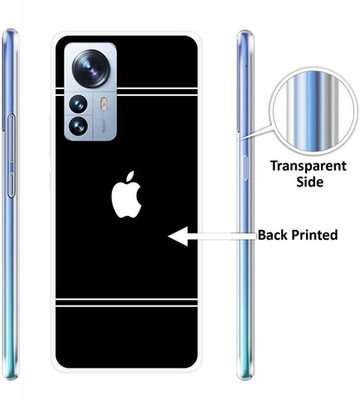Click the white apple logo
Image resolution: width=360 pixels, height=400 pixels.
[x=126, y=196]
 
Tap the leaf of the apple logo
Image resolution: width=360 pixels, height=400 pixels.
[x=130, y=176]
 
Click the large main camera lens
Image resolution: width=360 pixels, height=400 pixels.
[x=91, y=68]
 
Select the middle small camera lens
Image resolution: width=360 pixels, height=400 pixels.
[x=78, y=104]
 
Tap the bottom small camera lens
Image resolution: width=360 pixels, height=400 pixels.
[x=78, y=126]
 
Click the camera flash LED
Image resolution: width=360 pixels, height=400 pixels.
[x=103, y=104]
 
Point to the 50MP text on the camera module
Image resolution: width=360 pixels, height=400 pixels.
[x=104, y=126]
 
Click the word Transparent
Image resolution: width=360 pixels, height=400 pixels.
[x=308, y=166]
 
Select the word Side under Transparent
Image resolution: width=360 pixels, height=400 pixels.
[x=310, y=181]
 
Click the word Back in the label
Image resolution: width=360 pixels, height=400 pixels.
[x=273, y=234]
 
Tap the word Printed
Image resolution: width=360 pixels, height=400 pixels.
[x=314, y=234]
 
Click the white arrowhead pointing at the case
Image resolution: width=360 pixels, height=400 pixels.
[x=178, y=236]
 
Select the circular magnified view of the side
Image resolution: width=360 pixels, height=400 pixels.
[x=313, y=112]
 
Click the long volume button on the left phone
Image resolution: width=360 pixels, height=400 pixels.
[x=11, y=138]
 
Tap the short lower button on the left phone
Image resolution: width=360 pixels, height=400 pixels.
[x=10, y=185]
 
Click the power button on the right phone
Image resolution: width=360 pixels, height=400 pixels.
[x=244, y=168]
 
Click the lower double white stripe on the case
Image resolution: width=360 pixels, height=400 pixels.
[x=127, y=303]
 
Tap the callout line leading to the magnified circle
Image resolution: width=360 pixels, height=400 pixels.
[x=254, y=133]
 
